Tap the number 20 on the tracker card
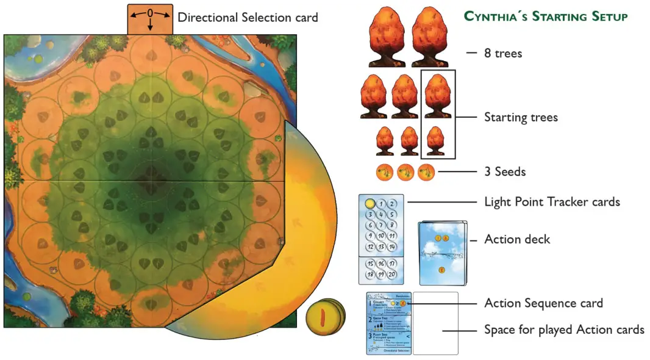click(391, 274)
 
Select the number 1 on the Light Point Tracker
click(380, 204)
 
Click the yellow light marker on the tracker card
click(369, 204)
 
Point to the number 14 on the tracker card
click(391, 247)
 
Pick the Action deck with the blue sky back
click(442, 251)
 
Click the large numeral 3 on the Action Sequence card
click(369, 336)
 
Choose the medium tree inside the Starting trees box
click(437, 96)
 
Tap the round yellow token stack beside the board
click(326, 317)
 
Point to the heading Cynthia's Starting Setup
click(546, 16)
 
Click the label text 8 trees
click(503, 53)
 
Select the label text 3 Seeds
click(505, 172)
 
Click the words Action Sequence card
click(543, 303)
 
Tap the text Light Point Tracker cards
click(552, 201)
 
